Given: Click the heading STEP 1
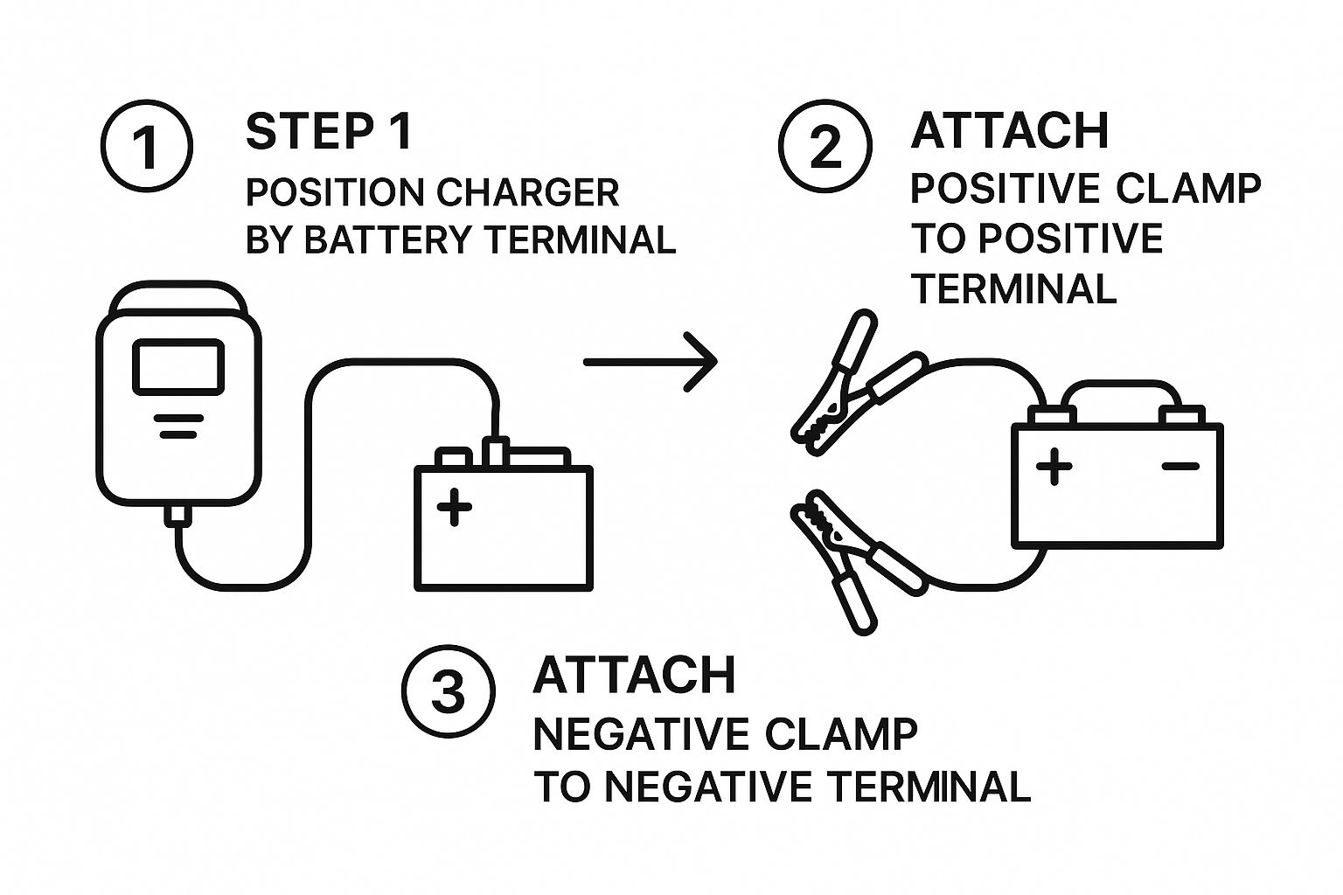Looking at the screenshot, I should (329, 131).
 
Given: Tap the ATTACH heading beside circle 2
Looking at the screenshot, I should (1010, 131).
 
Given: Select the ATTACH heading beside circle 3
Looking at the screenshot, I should (635, 675).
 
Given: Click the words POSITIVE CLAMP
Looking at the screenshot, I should (1086, 188).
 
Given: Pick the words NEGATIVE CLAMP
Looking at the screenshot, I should (726, 734).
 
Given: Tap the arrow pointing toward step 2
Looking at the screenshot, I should (651, 360).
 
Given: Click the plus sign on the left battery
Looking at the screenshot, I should (454, 507).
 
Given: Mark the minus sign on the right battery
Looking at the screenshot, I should (1180, 467).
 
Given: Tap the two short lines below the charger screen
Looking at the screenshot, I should (177, 426).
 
